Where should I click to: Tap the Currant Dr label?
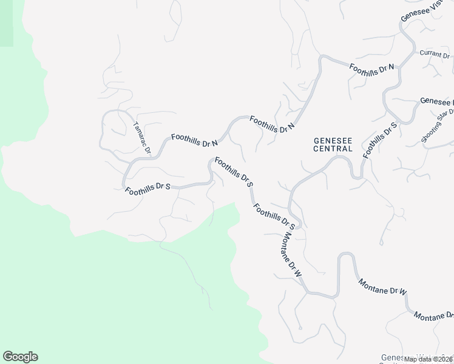(434, 55)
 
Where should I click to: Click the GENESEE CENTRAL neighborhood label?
(333, 144)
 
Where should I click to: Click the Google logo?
(20, 357)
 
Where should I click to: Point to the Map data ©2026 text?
(429, 359)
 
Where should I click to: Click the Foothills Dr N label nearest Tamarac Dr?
(194, 141)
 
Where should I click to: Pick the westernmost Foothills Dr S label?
(147, 190)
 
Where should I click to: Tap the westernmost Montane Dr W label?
(289, 253)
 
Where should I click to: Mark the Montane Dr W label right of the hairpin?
(382, 288)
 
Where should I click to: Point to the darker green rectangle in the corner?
(6, 23)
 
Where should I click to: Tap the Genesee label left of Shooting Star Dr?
(436, 101)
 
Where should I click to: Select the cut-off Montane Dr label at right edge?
(433, 315)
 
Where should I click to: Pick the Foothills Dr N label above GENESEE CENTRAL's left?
(272, 124)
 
